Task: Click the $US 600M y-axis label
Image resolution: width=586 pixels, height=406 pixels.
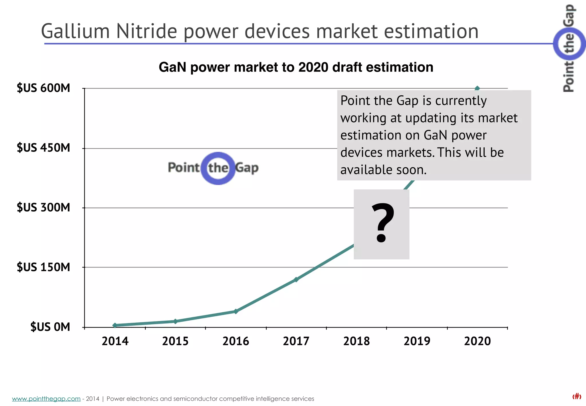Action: coord(43,88)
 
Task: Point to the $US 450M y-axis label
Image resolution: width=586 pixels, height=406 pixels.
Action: coord(43,148)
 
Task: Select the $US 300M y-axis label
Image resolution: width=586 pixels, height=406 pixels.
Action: coord(43,207)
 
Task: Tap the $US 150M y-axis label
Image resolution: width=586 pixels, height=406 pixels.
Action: coord(43,267)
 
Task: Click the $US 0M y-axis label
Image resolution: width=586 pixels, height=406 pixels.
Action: coord(50,327)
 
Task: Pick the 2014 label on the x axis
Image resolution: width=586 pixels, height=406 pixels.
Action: coord(115,341)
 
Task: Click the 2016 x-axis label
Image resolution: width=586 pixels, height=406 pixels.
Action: coord(236,341)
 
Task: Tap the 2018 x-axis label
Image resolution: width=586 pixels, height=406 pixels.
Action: coord(357,341)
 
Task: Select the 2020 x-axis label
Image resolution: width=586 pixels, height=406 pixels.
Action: coord(477,341)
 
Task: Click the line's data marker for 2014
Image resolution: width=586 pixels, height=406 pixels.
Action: coord(115,325)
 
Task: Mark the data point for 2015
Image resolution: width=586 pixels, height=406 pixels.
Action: coord(175,321)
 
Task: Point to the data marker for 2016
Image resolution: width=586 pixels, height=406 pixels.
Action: coord(236,311)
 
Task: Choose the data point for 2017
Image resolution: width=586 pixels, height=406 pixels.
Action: coord(296,279)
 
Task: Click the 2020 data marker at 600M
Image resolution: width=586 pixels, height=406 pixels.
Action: coord(477,88)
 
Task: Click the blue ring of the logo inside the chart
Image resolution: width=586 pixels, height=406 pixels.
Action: coord(218,155)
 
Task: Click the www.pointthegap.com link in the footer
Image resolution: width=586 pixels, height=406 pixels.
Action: coord(46,399)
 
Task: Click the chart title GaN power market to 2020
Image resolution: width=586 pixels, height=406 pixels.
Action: coord(296,67)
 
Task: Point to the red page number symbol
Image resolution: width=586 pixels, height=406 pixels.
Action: coord(577,396)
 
